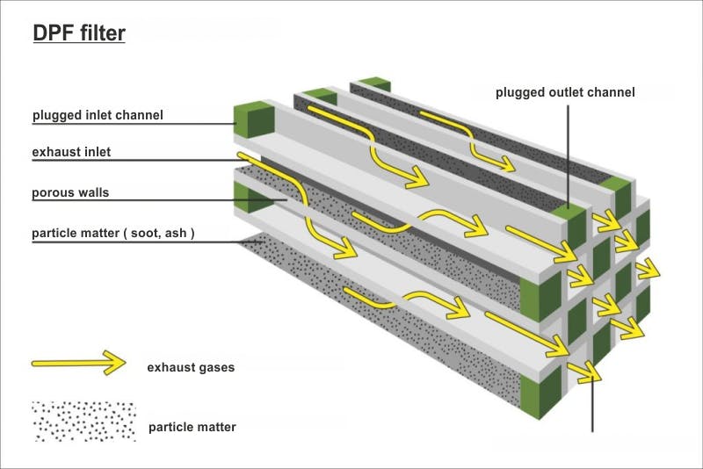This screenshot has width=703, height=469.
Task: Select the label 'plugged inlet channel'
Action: pyautogui.click(x=98, y=114)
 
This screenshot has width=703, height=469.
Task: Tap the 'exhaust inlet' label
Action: pyautogui.click(x=72, y=152)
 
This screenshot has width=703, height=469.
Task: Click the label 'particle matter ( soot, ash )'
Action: pyautogui.click(x=112, y=233)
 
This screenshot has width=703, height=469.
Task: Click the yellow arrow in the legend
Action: pyautogui.click(x=79, y=362)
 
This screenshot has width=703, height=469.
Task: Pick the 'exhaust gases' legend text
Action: pyautogui.click(x=191, y=367)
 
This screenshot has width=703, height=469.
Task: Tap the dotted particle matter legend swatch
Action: pyautogui.click(x=83, y=422)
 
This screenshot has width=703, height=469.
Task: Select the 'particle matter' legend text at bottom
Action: pyautogui.click(x=192, y=428)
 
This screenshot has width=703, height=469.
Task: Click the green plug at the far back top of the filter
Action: pyautogui.click(x=375, y=83)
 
